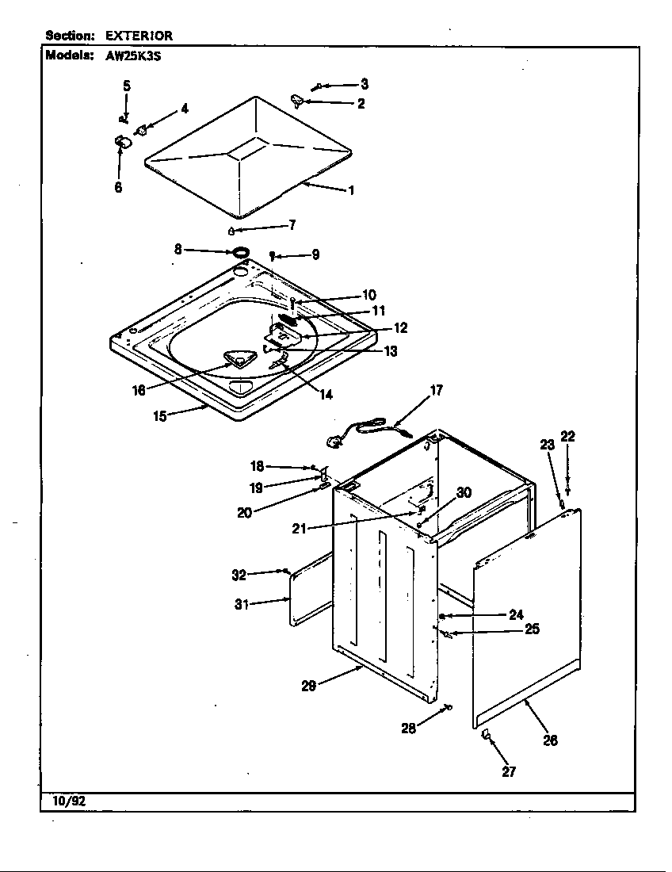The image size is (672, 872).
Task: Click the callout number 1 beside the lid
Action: [x=351, y=190]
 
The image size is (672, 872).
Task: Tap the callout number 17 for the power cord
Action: [x=436, y=390]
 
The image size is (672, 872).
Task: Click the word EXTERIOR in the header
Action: [x=139, y=36]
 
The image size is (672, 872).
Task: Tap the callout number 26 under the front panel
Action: [x=550, y=740]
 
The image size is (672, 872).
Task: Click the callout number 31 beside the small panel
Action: [x=242, y=605]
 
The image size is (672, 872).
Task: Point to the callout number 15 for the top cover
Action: [x=160, y=415]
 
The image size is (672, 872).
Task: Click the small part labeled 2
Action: [x=298, y=100]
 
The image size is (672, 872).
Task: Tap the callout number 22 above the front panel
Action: [x=567, y=436]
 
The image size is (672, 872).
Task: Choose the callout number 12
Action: [x=401, y=328]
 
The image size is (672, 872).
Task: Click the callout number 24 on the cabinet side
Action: [x=517, y=614]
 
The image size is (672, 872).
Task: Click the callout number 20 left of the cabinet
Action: [x=244, y=513]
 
